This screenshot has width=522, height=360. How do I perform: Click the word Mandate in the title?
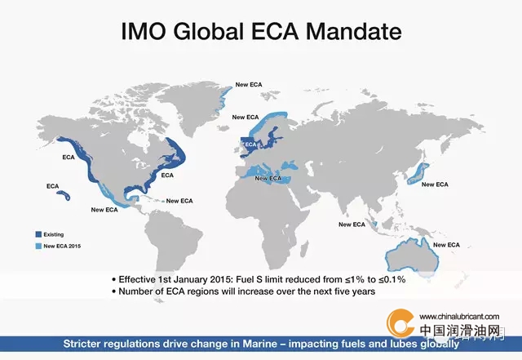(353, 31)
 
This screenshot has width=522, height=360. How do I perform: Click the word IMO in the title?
(144, 31)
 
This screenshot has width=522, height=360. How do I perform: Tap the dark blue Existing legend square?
(38, 234)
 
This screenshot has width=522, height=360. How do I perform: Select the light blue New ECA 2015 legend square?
(38, 246)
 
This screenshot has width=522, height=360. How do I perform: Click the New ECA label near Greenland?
(249, 85)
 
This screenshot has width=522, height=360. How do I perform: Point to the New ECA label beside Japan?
(435, 184)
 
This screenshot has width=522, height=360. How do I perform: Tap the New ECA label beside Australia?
(446, 245)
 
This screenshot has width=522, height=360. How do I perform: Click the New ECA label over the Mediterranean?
(268, 178)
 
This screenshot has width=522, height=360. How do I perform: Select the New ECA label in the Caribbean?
(179, 201)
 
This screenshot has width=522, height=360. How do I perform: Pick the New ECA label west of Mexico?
(104, 210)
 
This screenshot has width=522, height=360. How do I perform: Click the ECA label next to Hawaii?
(52, 186)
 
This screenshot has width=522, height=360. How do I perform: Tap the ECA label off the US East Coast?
(167, 175)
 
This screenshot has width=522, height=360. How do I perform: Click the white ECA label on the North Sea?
(250, 144)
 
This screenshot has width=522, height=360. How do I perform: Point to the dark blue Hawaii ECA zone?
(64, 195)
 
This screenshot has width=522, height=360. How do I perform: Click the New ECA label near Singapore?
(352, 224)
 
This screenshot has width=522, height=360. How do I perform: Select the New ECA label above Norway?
(246, 117)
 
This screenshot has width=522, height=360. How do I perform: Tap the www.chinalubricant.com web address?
(459, 317)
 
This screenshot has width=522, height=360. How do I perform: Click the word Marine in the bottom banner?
(259, 344)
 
